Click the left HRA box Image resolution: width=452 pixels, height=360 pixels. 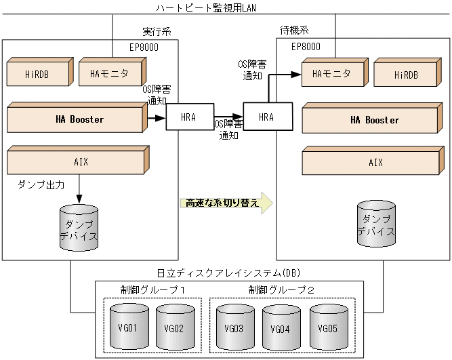click(x=189, y=117)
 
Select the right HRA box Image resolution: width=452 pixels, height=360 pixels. click(x=267, y=117)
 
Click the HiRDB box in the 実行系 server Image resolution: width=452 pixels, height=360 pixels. click(x=37, y=74)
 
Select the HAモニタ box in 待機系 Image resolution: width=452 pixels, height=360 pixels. click(x=333, y=74)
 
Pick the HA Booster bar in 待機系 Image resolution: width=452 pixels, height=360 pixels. click(x=375, y=120)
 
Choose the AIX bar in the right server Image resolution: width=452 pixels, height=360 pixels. click(x=375, y=163)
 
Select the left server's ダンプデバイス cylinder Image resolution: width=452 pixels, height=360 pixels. click(x=79, y=229)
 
